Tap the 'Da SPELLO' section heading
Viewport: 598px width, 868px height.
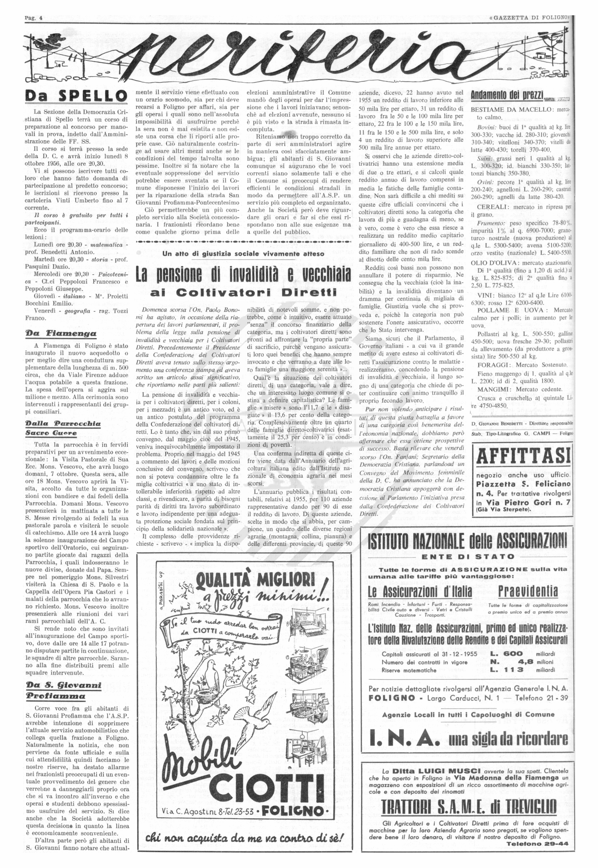[76, 96]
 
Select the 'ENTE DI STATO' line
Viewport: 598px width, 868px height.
[468, 556]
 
